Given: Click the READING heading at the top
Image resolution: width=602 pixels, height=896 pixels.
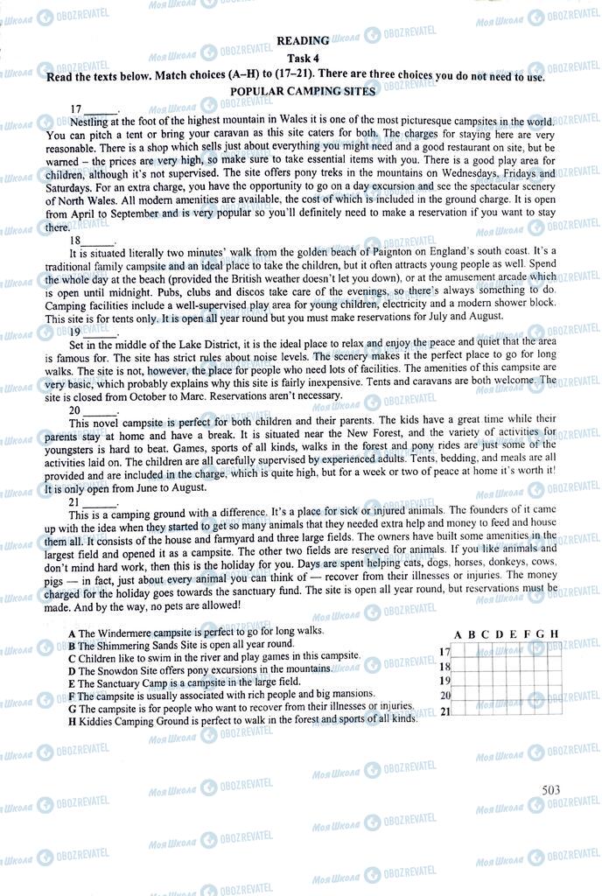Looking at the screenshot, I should (x=303, y=40).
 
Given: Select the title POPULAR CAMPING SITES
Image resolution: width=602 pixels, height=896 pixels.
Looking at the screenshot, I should (x=303, y=91).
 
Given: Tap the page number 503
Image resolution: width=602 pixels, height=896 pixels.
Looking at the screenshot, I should (x=550, y=791).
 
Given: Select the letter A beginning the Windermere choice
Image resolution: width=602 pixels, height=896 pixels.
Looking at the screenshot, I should (x=70, y=632).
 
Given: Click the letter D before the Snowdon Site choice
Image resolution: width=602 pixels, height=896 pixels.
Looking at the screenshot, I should (x=70, y=669).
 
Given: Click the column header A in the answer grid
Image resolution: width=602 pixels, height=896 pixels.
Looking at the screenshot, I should (x=458, y=634).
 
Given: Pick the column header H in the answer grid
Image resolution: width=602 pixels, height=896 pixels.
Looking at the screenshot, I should (x=555, y=634).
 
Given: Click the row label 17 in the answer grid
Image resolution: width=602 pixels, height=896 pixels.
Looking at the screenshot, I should (x=444, y=652).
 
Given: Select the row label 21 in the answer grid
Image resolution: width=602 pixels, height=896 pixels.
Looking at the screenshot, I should (x=444, y=711).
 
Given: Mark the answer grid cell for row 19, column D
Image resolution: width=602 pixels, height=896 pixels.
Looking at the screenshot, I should (x=500, y=682).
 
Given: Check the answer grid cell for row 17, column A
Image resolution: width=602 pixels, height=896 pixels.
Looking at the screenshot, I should (x=458, y=652).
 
